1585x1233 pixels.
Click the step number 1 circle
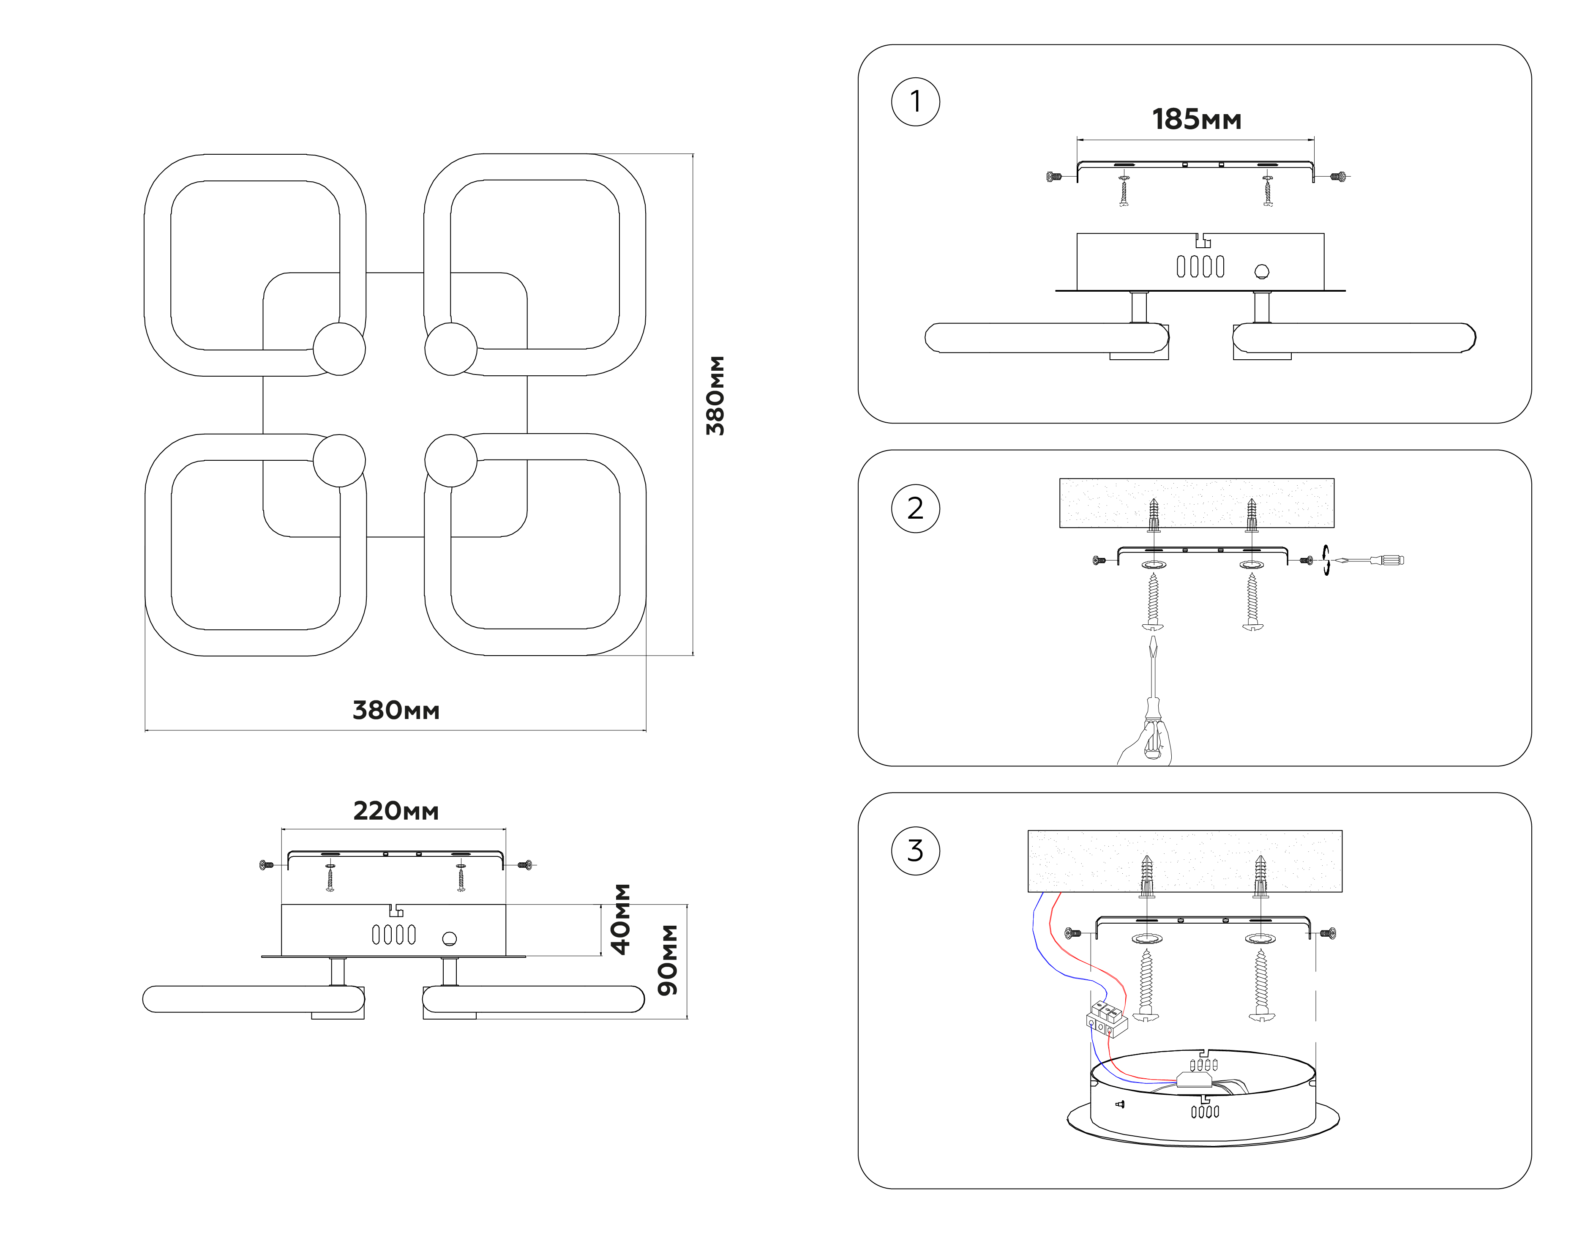coord(915,102)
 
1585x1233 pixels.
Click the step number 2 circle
coord(915,509)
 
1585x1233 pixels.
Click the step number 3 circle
coord(915,850)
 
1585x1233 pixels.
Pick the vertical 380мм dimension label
coord(715,396)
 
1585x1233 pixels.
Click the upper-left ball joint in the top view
coord(339,349)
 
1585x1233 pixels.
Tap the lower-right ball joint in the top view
coord(451,460)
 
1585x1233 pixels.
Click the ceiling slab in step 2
coord(1196,503)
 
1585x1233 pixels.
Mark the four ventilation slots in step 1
coord(1200,266)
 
